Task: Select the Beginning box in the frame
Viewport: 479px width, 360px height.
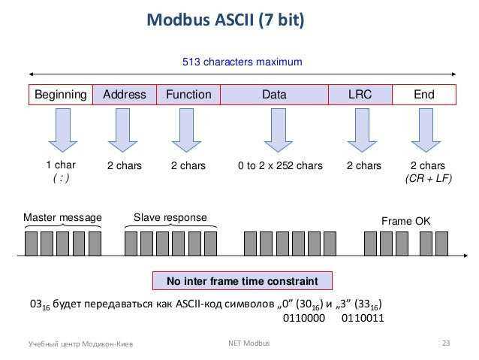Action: [61, 95]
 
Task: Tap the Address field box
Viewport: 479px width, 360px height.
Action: [125, 95]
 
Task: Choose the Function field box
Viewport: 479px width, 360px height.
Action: [188, 95]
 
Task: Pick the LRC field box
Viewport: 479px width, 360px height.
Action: [360, 95]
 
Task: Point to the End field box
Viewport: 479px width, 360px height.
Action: [424, 95]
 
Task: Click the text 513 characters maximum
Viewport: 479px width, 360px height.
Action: [243, 62]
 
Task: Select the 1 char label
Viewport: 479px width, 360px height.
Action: [61, 165]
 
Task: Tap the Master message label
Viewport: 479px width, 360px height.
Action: [62, 218]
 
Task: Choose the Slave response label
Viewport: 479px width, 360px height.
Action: [170, 218]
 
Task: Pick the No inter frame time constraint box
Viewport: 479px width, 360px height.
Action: [243, 281]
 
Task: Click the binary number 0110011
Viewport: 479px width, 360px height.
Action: [362, 317]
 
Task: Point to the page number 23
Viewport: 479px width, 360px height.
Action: [445, 343]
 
